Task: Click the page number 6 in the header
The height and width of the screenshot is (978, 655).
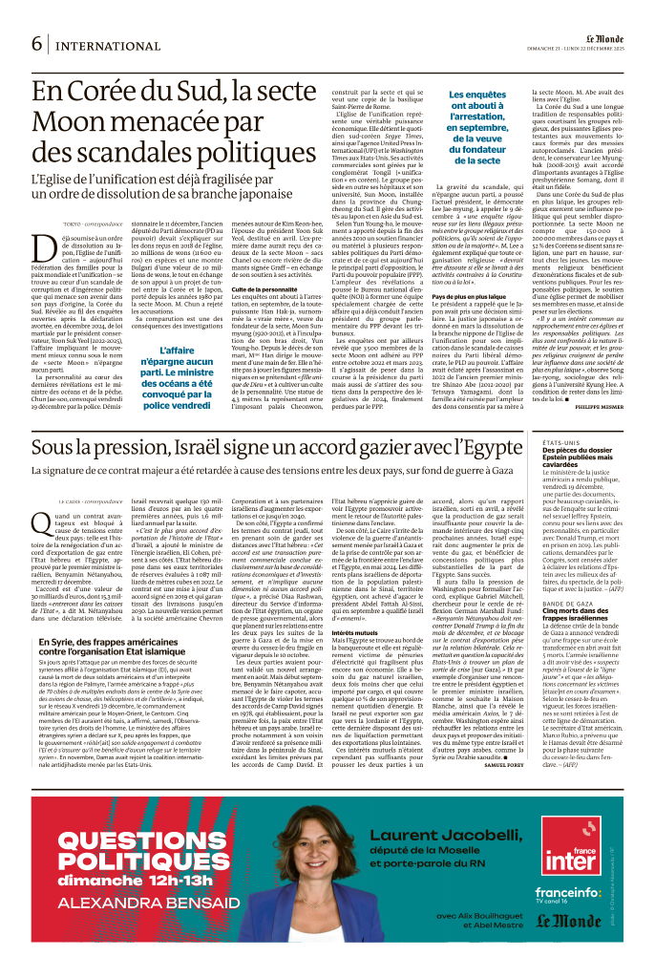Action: pos(37,44)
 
